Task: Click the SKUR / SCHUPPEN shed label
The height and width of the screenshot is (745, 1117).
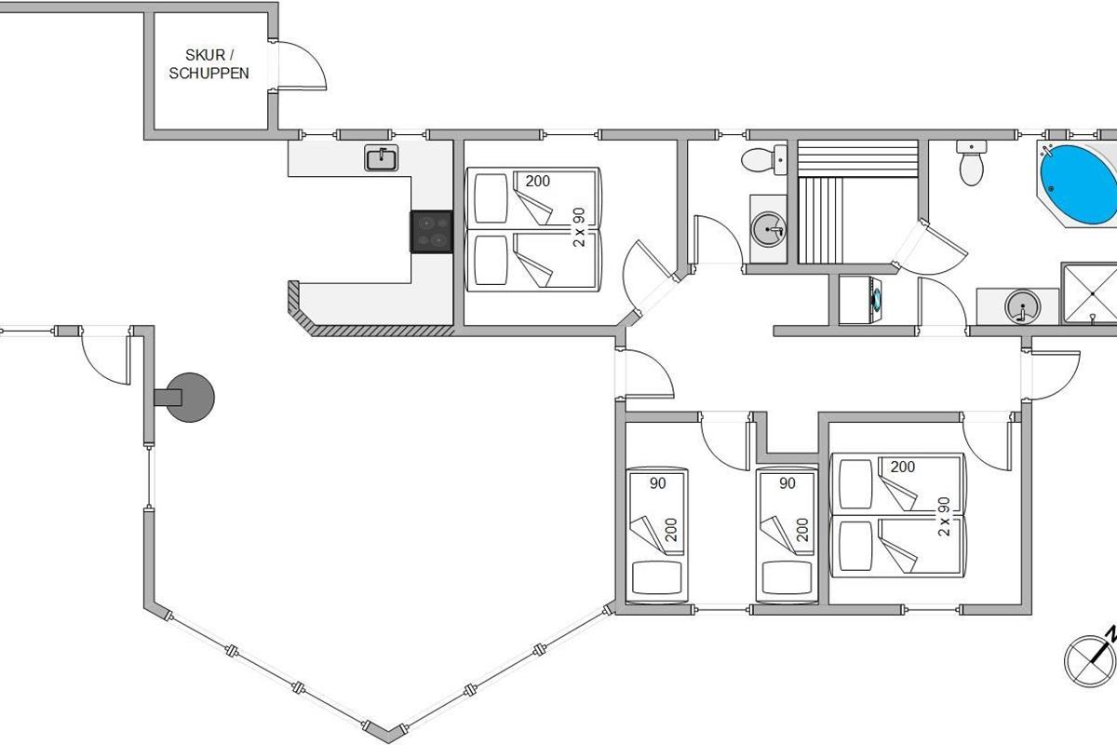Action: (x=209, y=64)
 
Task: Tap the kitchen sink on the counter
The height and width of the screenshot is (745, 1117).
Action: (x=382, y=158)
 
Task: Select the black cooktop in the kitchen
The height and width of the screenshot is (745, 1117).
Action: (x=432, y=232)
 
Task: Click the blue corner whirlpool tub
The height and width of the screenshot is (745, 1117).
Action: (x=1077, y=183)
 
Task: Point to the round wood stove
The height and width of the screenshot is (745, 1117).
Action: (x=190, y=398)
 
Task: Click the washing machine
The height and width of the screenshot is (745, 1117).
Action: (x=860, y=301)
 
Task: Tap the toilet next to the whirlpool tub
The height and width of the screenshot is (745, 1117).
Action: (x=972, y=163)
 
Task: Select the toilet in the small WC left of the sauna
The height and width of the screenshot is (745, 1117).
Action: (x=763, y=159)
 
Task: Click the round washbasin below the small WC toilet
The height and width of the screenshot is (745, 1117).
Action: (x=769, y=229)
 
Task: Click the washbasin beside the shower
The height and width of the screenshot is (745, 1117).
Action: (x=1022, y=306)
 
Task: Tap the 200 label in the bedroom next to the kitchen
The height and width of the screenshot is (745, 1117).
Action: (x=538, y=182)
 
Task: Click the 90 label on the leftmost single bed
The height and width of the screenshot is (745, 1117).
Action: (x=658, y=483)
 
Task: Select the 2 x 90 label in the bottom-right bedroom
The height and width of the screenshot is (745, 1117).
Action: (x=944, y=517)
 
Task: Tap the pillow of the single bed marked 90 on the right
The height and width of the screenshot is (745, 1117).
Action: (x=787, y=577)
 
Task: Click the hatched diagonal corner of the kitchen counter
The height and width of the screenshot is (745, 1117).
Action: (x=301, y=309)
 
